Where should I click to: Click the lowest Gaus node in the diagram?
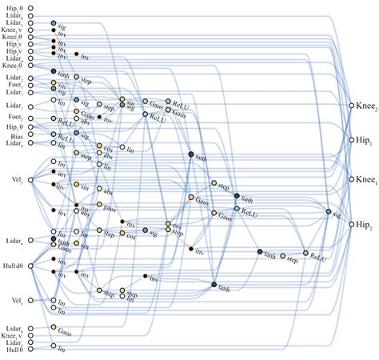(x=53, y=327)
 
